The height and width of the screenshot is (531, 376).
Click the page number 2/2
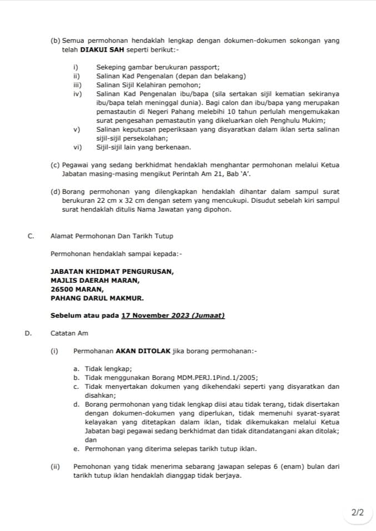pyautogui.click(x=358, y=512)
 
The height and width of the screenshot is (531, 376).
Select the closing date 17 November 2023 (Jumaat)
pyautogui.click(x=173, y=315)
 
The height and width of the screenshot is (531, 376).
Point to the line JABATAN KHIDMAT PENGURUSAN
pyautogui.click(x=112, y=272)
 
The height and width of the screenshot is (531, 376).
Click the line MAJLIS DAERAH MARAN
pyautogui.click(x=95, y=280)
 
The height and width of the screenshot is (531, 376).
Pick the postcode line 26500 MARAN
pyautogui.click(x=77, y=289)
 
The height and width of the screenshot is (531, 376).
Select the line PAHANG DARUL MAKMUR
pyautogui.click(x=97, y=298)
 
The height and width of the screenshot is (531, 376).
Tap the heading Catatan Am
pyautogui.click(x=69, y=333)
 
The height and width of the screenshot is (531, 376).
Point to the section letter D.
pyautogui.click(x=28, y=333)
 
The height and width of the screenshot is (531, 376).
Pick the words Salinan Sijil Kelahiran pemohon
pyautogui.click(x=148, y=85)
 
